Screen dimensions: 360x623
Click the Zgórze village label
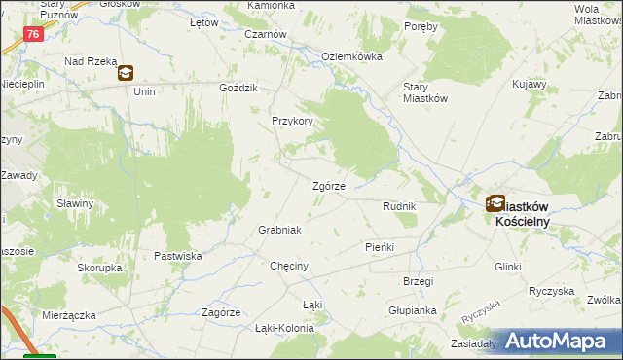pos(328,187)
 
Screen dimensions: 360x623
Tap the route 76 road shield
pos(34,34)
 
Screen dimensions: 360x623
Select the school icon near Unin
pos(126,73)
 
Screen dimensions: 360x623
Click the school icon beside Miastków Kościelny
pos(495,203)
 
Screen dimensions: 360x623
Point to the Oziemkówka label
pos(351,56)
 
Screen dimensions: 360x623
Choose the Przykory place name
pos(292,122)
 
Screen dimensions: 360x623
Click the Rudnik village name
pos(399,207)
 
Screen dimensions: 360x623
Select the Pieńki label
pos(379,247)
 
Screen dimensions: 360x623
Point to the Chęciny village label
pos(289,266)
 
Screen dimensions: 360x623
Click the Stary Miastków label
pos(424,91)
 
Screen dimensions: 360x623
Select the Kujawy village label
pos(529,84)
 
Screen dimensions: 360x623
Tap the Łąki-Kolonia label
pos(284,328)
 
